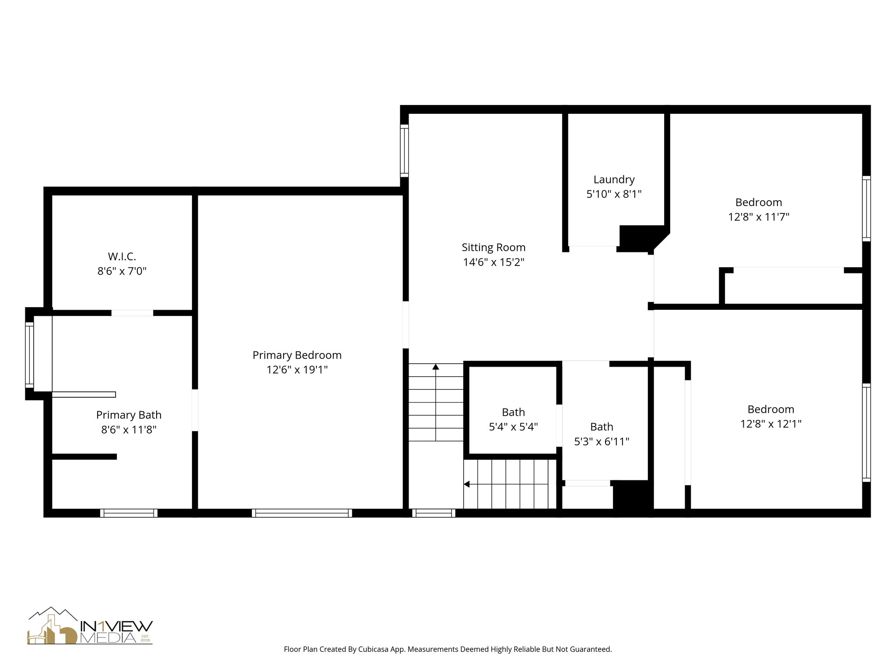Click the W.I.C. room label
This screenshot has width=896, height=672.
122,256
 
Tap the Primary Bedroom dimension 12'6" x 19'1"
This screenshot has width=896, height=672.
297,370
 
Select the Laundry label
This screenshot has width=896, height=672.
614,179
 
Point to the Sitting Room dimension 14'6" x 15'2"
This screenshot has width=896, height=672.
493,262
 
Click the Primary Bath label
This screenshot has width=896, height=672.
129,415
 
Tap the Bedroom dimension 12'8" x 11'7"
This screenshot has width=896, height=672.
758,217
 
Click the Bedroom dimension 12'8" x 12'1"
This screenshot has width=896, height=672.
770,424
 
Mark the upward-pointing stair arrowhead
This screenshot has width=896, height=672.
436,367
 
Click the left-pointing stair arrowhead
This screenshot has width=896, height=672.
467,484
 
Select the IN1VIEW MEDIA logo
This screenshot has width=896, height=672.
90,626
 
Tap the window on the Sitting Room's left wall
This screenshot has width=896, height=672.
405,150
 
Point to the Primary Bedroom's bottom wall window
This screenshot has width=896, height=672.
302,513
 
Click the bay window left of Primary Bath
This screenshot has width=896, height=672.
29,354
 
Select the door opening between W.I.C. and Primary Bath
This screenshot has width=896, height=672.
132,313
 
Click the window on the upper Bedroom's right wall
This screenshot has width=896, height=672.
866,209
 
